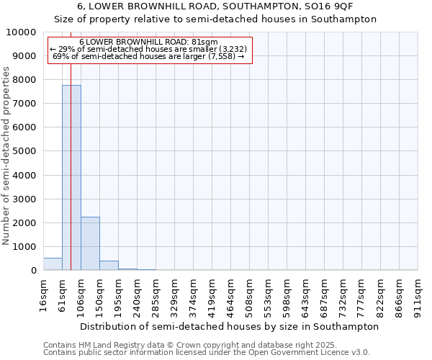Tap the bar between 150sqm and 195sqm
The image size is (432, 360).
(109, 266)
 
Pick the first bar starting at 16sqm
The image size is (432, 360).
(53, 264)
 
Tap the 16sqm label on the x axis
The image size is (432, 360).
(43, 294)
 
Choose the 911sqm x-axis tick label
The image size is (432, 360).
(418, 294)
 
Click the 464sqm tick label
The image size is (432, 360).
(230, 294)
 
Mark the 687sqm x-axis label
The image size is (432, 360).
(325, 294)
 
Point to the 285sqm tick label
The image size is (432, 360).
(156, 294)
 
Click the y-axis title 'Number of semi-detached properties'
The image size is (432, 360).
(6, 156)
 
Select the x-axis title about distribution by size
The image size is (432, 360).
(229, 326)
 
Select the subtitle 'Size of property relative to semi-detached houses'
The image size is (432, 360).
(215, 19)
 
